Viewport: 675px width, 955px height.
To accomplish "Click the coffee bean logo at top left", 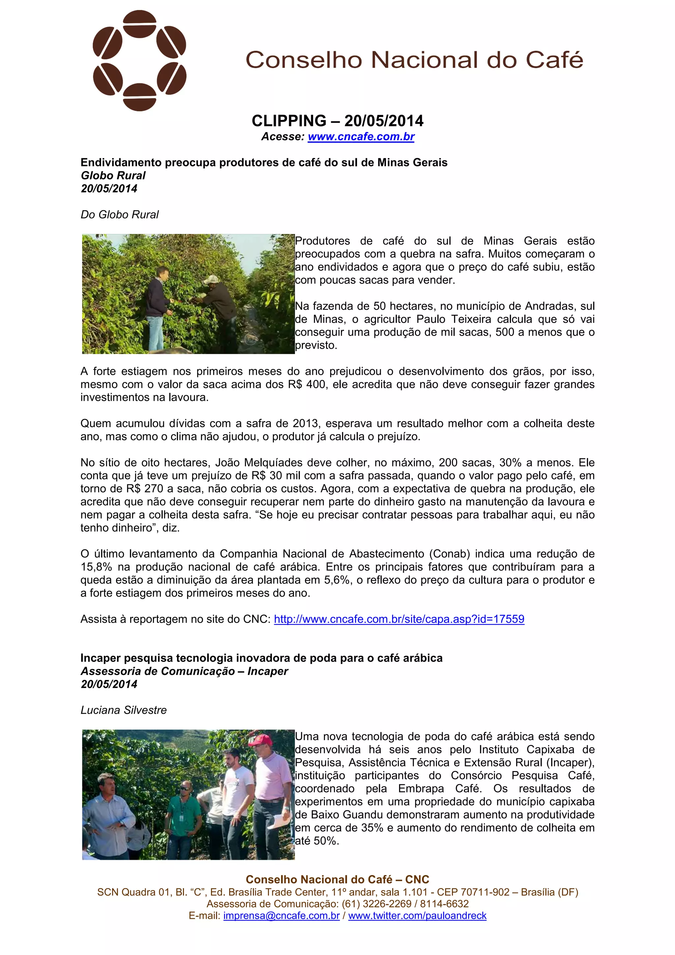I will click(139, 61).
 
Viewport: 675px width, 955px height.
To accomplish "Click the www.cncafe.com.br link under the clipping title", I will click(361, 137).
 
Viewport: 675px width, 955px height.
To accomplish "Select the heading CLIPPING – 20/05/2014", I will click(337, 121).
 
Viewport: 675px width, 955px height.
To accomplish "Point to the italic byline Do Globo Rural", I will click(120, 215).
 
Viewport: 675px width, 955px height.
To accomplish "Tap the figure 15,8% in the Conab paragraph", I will click(95, 567).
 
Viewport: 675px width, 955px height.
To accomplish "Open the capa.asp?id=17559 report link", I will click(399, 619).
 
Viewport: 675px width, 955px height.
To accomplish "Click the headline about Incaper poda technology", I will click(261, 658).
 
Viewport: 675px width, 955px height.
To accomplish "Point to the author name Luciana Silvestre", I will click(124, 710).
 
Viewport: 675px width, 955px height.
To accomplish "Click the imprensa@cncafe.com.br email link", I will click(281, 916).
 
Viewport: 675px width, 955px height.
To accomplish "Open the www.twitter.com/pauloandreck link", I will click(417, 916).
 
